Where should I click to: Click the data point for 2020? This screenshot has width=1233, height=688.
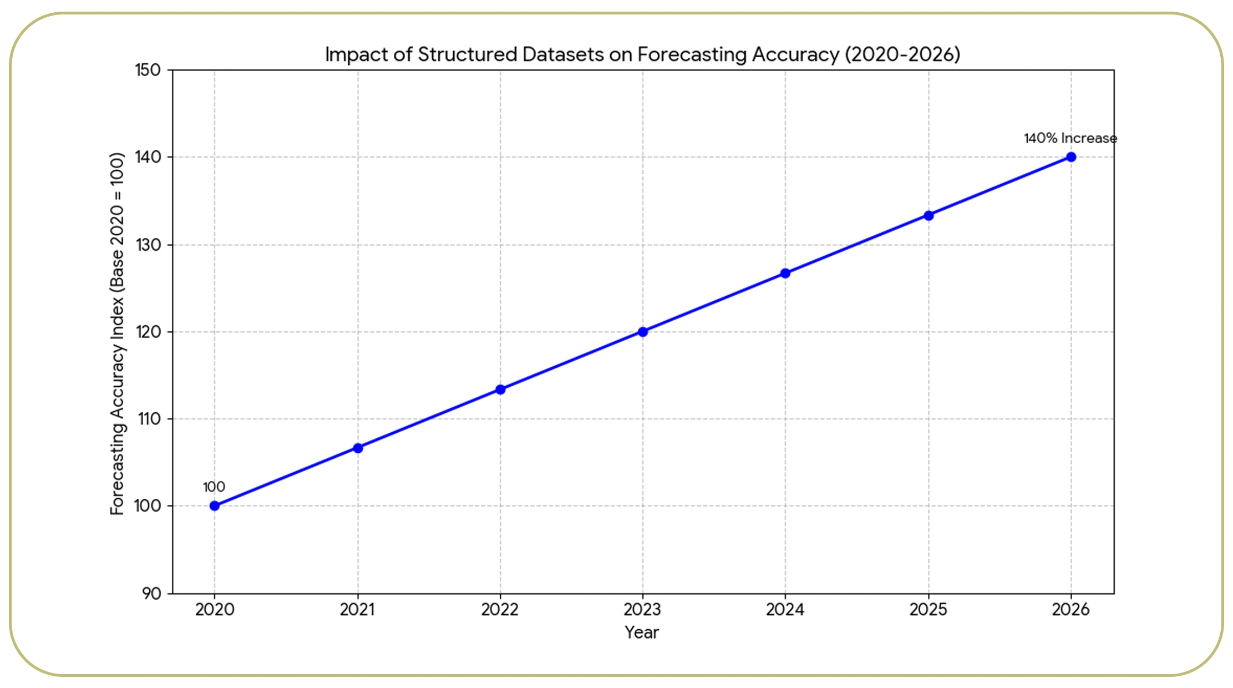(x=215, y=506)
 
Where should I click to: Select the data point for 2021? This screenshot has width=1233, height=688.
(x=358, y=448)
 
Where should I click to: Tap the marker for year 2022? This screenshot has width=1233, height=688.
(x=500, y=389)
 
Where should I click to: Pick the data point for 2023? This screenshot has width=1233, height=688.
(x=643, y=332)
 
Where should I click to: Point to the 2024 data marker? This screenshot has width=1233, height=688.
(x=785, y=273)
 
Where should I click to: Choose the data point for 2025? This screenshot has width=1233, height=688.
(x=928, y=215)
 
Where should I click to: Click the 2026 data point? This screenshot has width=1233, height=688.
(x=1071, y=157)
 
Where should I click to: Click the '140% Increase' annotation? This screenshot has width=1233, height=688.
(x=1070, y=138)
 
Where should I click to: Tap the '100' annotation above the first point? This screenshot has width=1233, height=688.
(x=214, y=487)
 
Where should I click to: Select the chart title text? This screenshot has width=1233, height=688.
(x=642, y=54)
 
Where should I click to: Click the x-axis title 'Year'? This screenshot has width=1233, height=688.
(x=642, y=633)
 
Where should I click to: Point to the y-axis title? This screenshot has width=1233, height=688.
(x=117, y=333)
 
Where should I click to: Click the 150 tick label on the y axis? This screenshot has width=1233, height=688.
(x=148, y=70)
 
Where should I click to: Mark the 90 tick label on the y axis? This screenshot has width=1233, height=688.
(x=151, y=594)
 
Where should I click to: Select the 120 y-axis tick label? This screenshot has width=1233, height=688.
(x=148, y=332)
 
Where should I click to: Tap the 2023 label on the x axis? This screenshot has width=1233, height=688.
(x=642, y=610)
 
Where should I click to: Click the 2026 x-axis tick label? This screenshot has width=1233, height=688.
(x=1070, y=610)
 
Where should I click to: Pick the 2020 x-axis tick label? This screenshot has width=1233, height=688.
(x=215, y=610)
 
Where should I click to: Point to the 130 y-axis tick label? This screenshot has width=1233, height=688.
(x=148, y=245)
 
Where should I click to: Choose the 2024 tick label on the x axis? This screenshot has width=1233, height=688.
(x=785, y=610)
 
